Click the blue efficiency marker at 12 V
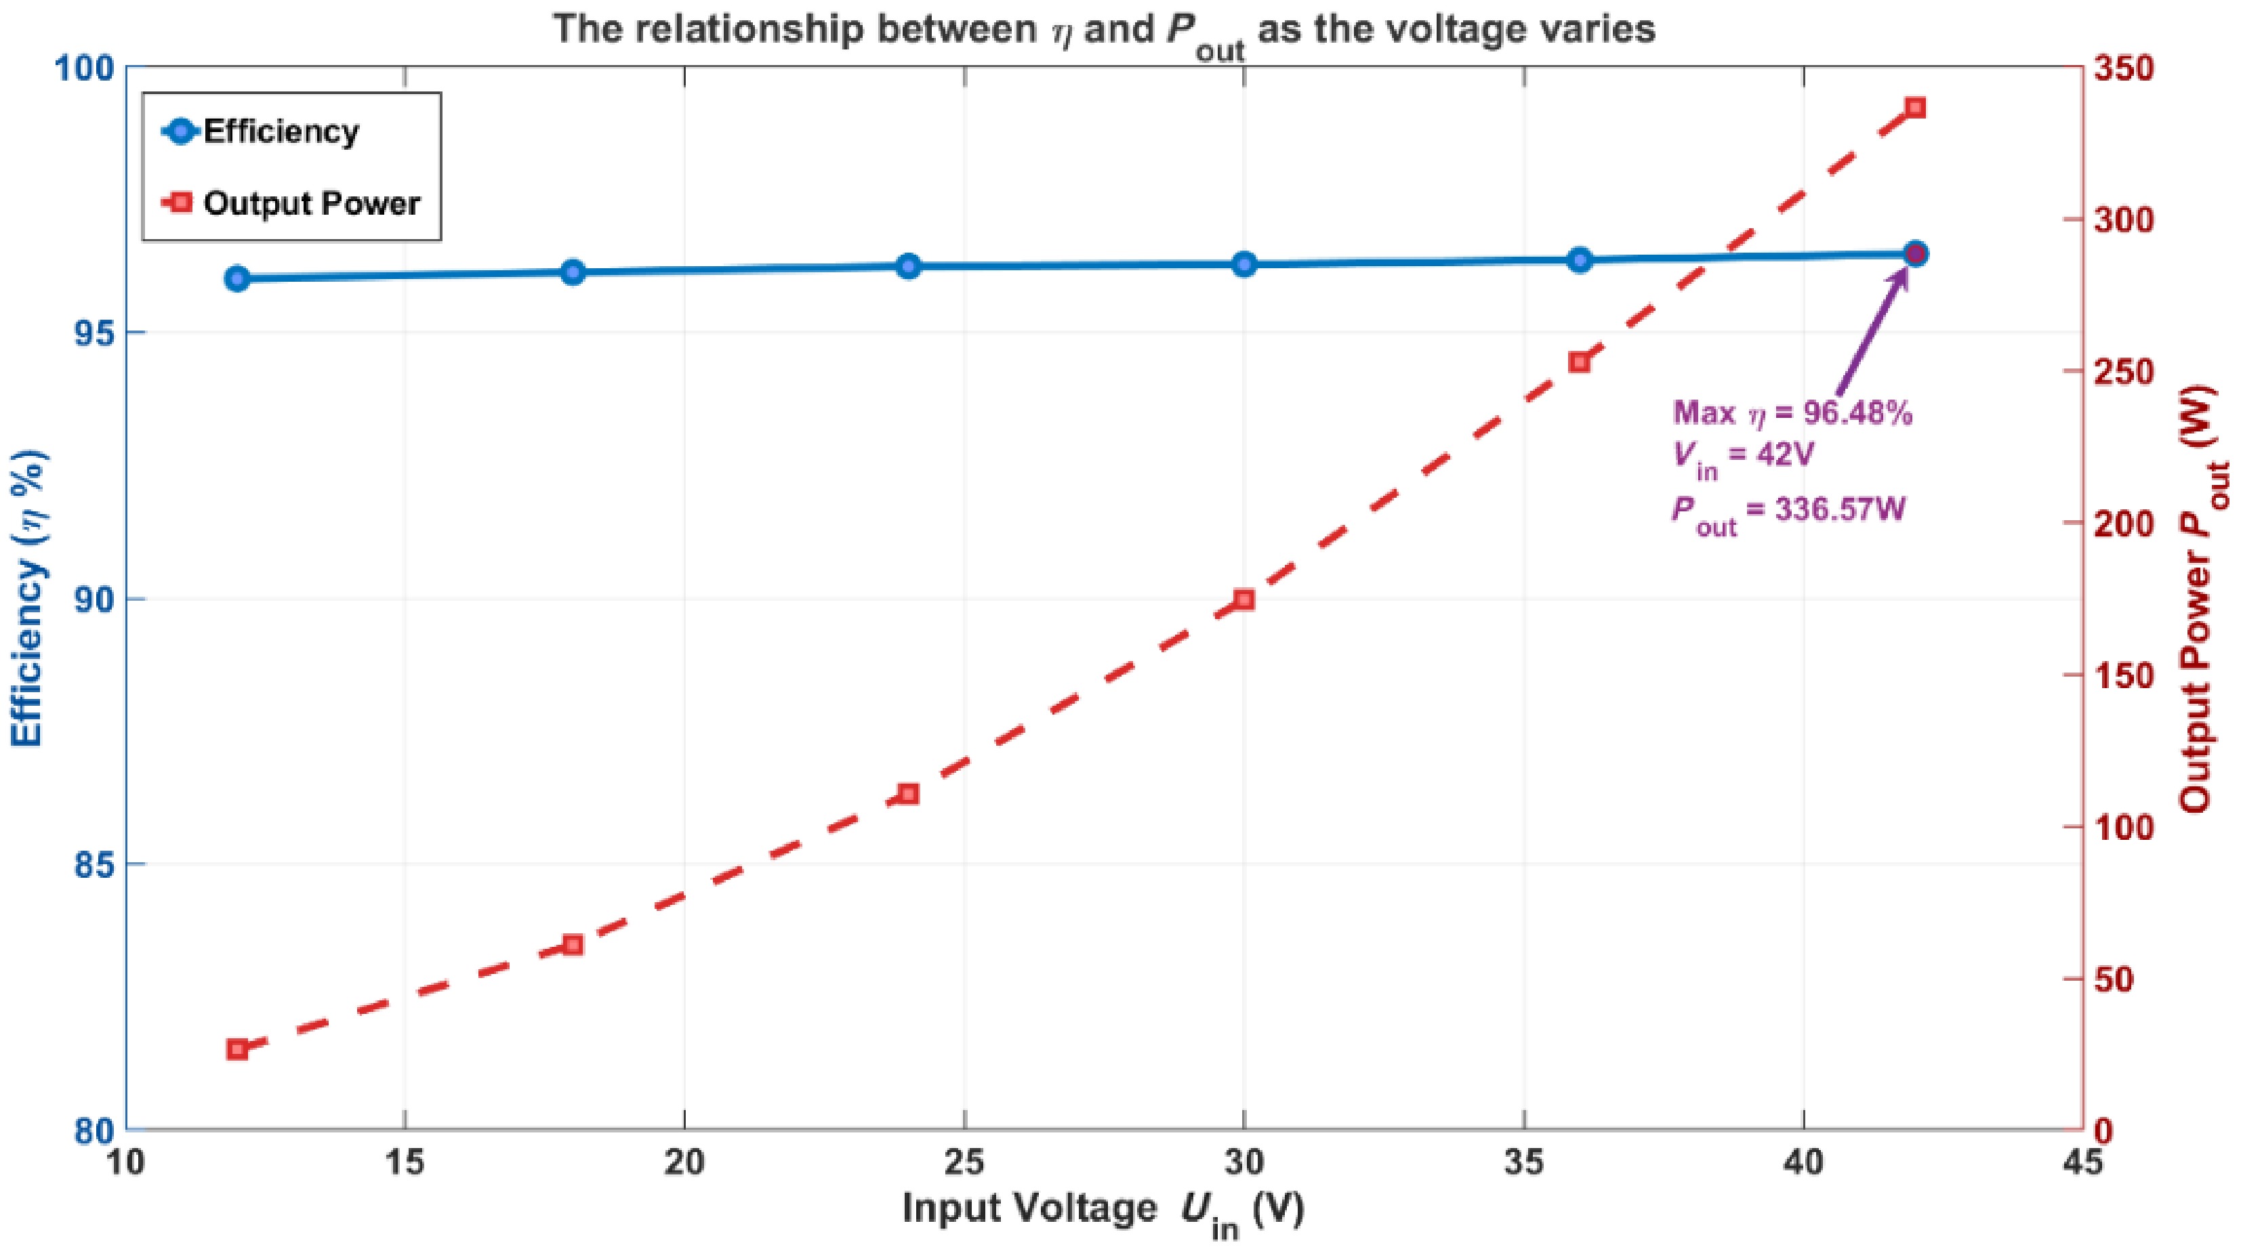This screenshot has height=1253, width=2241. click(237, 278)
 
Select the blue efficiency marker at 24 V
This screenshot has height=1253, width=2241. click(908, 266)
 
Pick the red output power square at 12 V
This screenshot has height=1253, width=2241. click(237, 1050)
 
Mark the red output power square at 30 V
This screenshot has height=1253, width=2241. click(1244, 600)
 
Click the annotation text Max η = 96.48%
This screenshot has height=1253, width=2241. click(1793, 413)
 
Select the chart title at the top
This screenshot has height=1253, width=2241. click(1105, 31)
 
